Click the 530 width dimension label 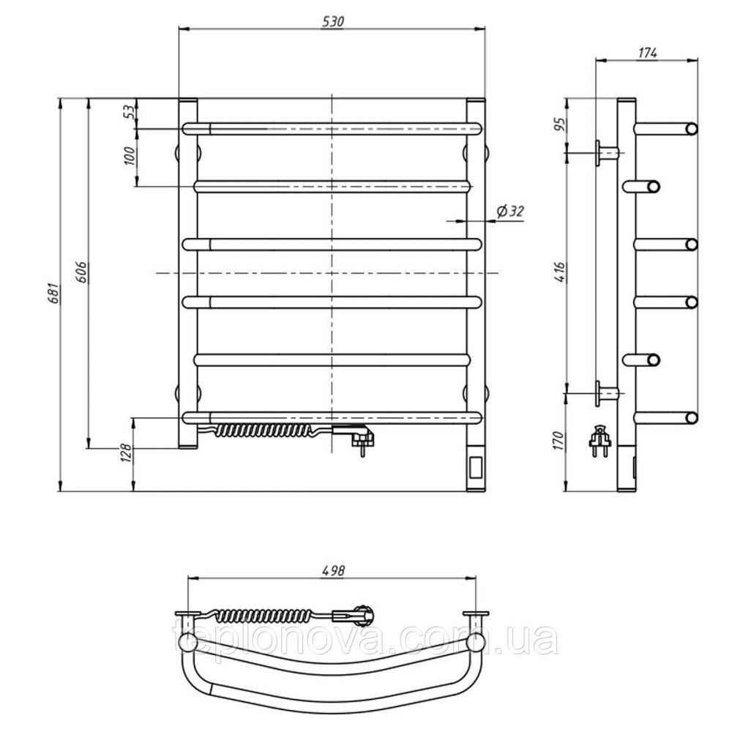tap(333, 21)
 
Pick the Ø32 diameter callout tap(509, 212)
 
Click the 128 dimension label tap(127, 452)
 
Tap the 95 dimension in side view tap(560, 123)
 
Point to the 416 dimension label tap(560, 272)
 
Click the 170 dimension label tap(560, 441)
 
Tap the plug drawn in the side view tap(600, 440)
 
